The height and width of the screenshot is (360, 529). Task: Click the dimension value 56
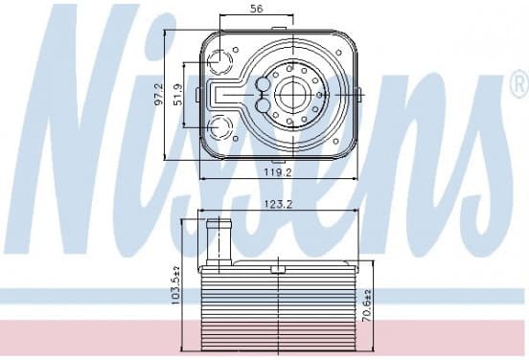point(257,9)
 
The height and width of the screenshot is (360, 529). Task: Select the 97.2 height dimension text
point(159,95)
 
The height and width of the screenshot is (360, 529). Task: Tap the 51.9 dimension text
point(178,95)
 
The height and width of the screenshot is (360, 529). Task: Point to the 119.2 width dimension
point(278,172)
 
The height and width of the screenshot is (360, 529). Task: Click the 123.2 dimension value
point(278,204)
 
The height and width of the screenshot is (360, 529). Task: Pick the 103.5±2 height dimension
point(175,285)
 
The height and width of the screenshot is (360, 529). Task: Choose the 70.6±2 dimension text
point(367,305)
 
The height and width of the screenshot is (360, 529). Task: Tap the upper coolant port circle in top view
point(220,61)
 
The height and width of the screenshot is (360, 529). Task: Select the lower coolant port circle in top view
point(220,127)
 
